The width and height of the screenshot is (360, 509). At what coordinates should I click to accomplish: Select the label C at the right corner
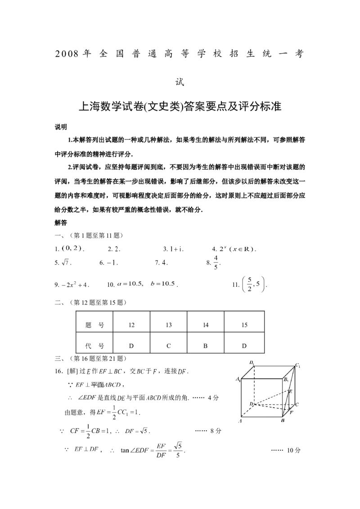(297, 405)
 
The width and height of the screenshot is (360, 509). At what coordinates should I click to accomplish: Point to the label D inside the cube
(251, 403)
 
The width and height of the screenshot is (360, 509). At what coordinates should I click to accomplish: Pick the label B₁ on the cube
(286, 380)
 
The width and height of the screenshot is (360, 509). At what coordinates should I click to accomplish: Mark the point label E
(291, 392)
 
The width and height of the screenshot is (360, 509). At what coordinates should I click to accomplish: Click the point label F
(291, 412)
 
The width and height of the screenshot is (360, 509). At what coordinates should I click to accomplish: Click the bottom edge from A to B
(262, 417)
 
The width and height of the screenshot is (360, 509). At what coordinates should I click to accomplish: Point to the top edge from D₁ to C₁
(274, 366)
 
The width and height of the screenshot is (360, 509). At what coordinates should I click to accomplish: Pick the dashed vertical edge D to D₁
(254, 384)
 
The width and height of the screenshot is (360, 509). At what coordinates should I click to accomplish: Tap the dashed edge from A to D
(248, 411)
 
